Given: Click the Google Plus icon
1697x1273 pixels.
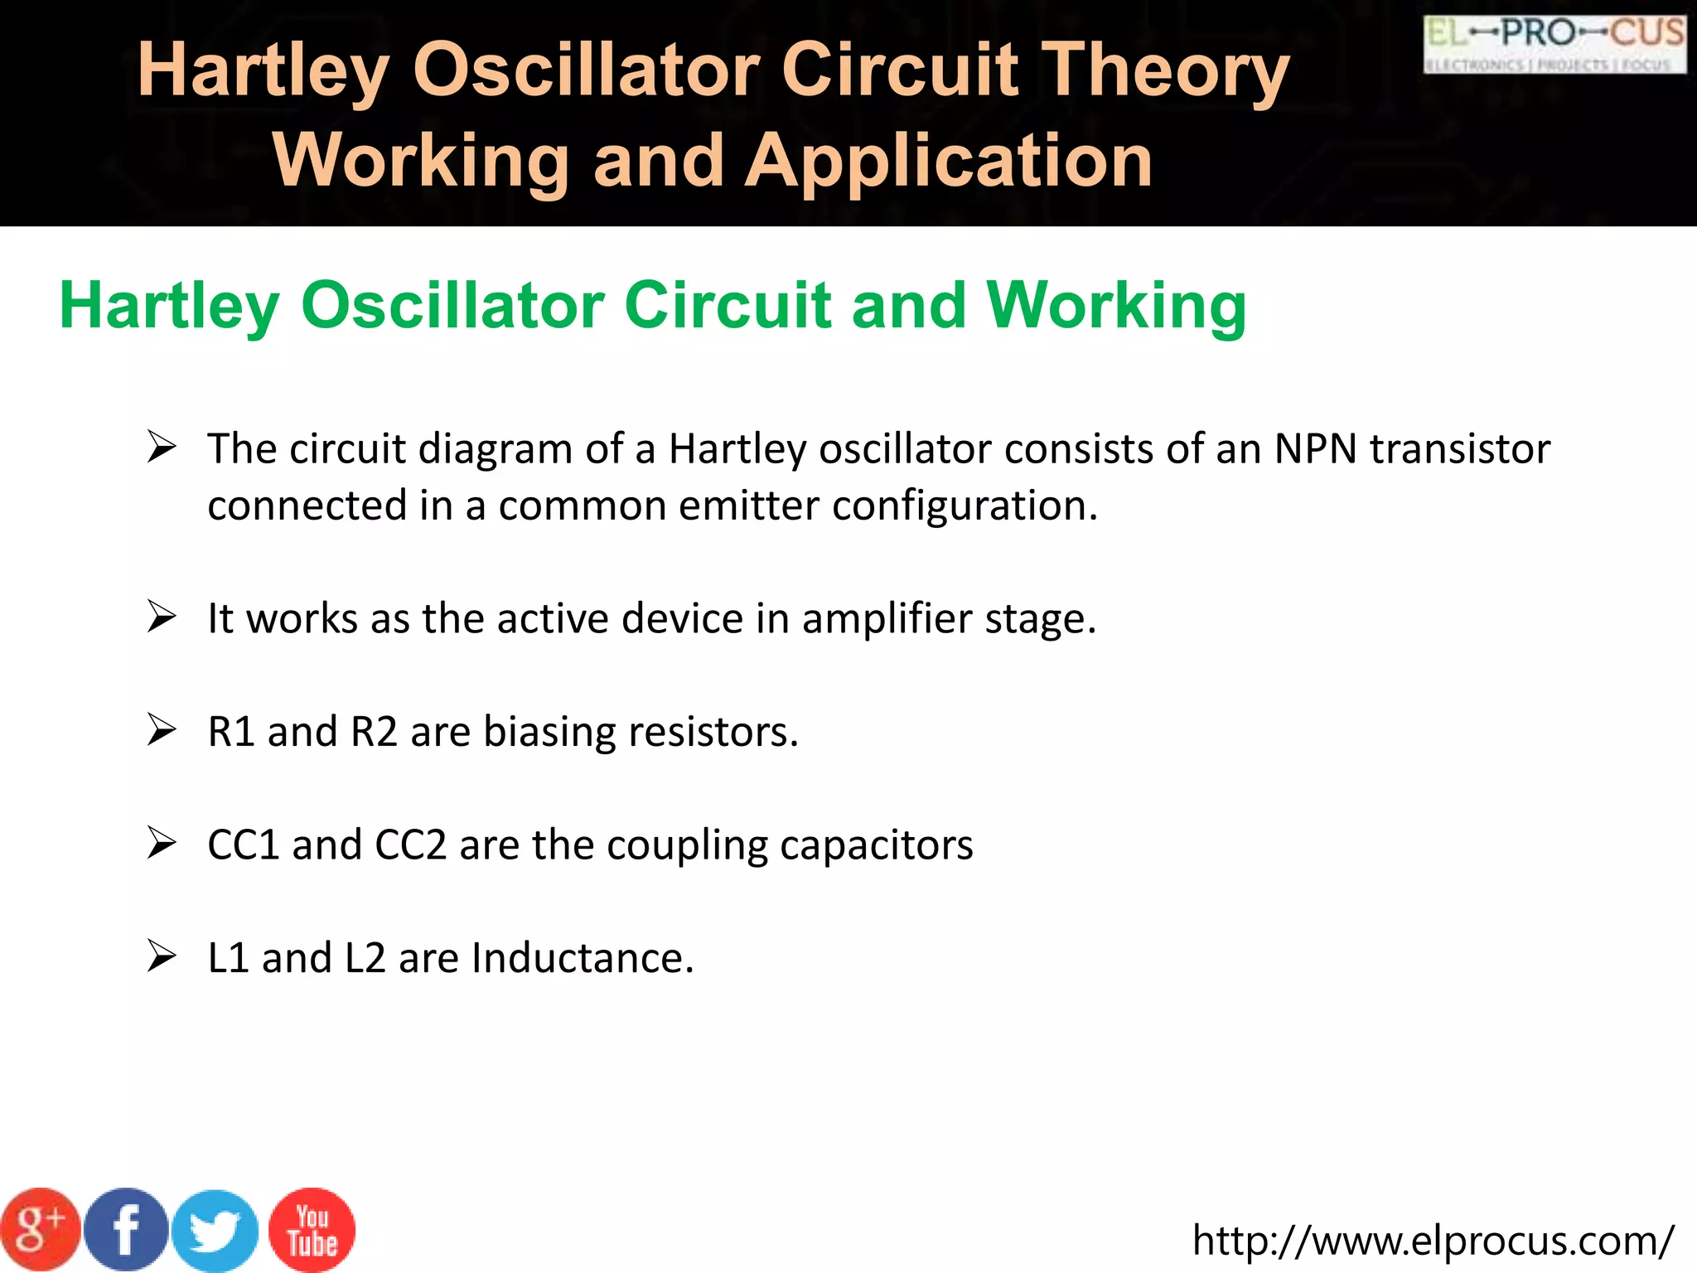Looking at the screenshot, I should tap(40, 1230).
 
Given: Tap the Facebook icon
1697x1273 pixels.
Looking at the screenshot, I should tap(127, 1230).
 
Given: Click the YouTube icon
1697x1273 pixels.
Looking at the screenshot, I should tap(312, 1230).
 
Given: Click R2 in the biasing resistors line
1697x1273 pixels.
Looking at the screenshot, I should tap(374, 732).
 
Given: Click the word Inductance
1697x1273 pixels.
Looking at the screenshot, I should tap(582, 959).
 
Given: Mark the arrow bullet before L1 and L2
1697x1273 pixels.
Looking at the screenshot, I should tap(162, 956).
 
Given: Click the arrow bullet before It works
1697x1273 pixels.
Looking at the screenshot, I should tap(162, 617).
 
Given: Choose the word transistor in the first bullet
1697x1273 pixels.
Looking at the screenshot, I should tap(1459, 449).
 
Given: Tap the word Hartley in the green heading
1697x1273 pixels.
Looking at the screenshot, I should tap(170, 306).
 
